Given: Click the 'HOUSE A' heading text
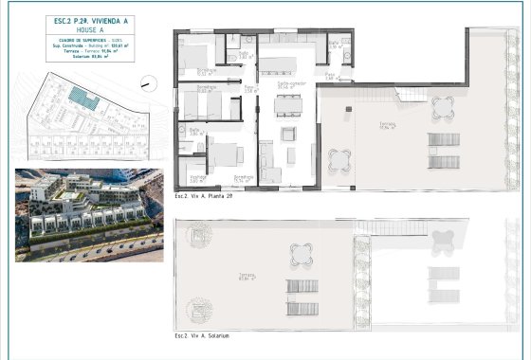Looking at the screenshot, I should pos(82,30).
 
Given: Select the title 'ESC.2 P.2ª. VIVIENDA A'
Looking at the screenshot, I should pos(82,22).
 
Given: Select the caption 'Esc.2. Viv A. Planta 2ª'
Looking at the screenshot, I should pos(205,195).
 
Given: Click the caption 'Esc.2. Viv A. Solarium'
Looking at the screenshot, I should pos(202,335).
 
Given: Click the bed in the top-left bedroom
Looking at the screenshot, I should pos(200,55).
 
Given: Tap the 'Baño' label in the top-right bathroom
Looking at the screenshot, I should pos(334,43).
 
